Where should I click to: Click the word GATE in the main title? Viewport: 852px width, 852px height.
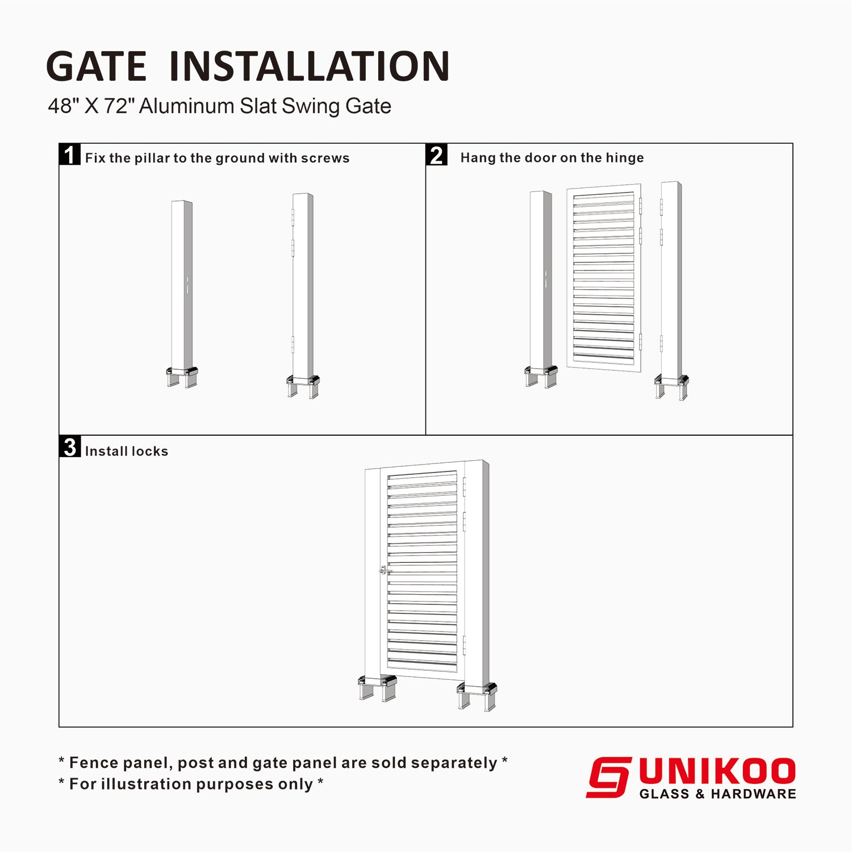tap(97, 66)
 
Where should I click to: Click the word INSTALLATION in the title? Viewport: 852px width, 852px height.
tap(310, 66)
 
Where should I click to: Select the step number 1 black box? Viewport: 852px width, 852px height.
tap(70, 154)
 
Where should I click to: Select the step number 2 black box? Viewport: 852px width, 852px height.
tap(437, 154)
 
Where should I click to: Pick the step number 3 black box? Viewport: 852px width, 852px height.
tap(70, 447)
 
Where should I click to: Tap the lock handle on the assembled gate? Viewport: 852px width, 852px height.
tap(385, 570)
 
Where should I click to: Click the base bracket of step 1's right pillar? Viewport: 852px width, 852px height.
tap(303, 386)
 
